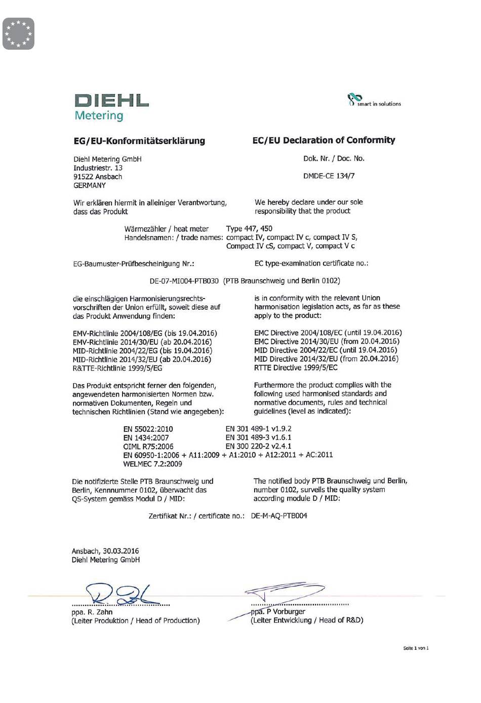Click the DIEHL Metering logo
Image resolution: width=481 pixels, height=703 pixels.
[111, 107]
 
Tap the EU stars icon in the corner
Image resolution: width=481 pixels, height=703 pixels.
[18, 33]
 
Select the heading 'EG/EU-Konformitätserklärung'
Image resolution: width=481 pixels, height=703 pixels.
[139, 141]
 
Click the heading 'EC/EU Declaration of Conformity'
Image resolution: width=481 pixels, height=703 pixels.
[324, 140]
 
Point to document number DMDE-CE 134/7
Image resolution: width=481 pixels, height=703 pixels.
[329, 176]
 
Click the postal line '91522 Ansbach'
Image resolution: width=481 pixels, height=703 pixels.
[98, 177]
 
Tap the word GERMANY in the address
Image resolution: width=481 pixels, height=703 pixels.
[90, 186]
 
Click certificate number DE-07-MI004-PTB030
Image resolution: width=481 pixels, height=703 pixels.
[184, 281]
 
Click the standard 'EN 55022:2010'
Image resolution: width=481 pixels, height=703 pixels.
[148, 429]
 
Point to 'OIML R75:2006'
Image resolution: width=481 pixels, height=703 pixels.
[148, 447]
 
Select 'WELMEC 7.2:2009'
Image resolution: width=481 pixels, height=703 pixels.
[152, 464]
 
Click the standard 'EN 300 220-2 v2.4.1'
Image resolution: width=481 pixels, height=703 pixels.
[258, 446]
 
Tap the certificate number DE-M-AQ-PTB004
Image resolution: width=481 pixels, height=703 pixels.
[279, 516]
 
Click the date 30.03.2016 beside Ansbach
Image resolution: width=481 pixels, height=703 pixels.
[121, 551]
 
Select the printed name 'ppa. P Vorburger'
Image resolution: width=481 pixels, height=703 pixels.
[278, 612]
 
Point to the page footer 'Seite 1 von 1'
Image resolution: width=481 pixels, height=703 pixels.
[416, 648]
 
